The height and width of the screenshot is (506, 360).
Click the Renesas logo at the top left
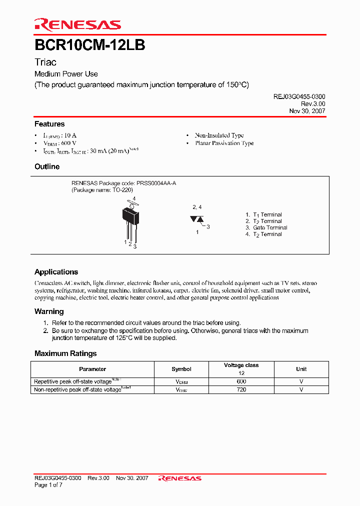(x=77, y=24)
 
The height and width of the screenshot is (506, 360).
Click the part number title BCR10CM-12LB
(x=90, y=45)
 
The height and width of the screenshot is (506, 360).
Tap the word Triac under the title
(x=45, y=62)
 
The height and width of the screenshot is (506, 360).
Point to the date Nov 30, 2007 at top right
(x=307, y=111)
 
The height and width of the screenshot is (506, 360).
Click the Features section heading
(x=49, y=124)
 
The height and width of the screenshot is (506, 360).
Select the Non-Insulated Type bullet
(x=219, y=135)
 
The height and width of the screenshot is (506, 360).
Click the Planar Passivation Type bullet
(x=224, y=143)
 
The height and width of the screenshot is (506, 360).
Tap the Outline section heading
(x=47, y=166)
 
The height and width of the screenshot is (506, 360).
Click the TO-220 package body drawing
(x=130, y=216)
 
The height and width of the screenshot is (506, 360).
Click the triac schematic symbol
(x=196, y=219)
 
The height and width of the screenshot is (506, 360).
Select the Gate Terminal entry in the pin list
(x=270, y=227)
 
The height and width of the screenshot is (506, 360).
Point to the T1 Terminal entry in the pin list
(x=267, y=214)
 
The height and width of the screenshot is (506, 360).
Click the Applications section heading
(x=56, y=272)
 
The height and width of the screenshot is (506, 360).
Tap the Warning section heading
(x=49, y=311)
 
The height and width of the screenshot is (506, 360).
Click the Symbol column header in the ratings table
(x=181, y=369)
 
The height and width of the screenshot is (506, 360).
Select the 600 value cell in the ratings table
(x=241, y=381)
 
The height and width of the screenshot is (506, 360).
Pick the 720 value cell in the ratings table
(x=241, y=389)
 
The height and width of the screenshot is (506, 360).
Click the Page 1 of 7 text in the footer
(x=48, y=485)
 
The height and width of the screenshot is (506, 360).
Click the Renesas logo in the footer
(x=180, y=478)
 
